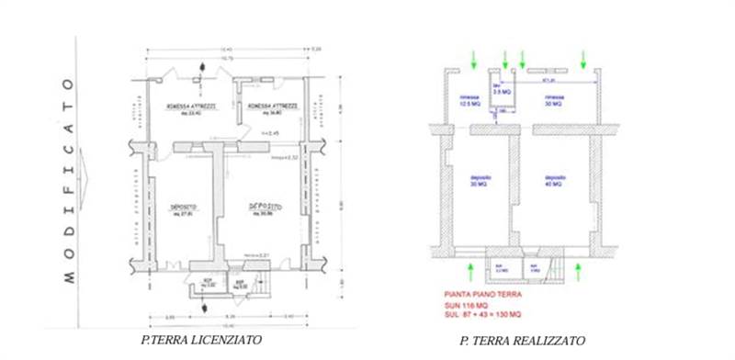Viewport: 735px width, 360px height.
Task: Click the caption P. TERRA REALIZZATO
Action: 522,341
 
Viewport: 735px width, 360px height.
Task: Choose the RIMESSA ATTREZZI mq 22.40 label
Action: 190,109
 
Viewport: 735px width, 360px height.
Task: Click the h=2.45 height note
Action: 271,134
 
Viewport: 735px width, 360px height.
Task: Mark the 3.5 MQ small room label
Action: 502,91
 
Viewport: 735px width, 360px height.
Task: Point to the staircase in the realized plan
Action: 553,268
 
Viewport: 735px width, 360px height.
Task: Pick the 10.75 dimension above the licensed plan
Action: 225,58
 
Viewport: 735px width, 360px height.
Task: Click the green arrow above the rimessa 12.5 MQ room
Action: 472,60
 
